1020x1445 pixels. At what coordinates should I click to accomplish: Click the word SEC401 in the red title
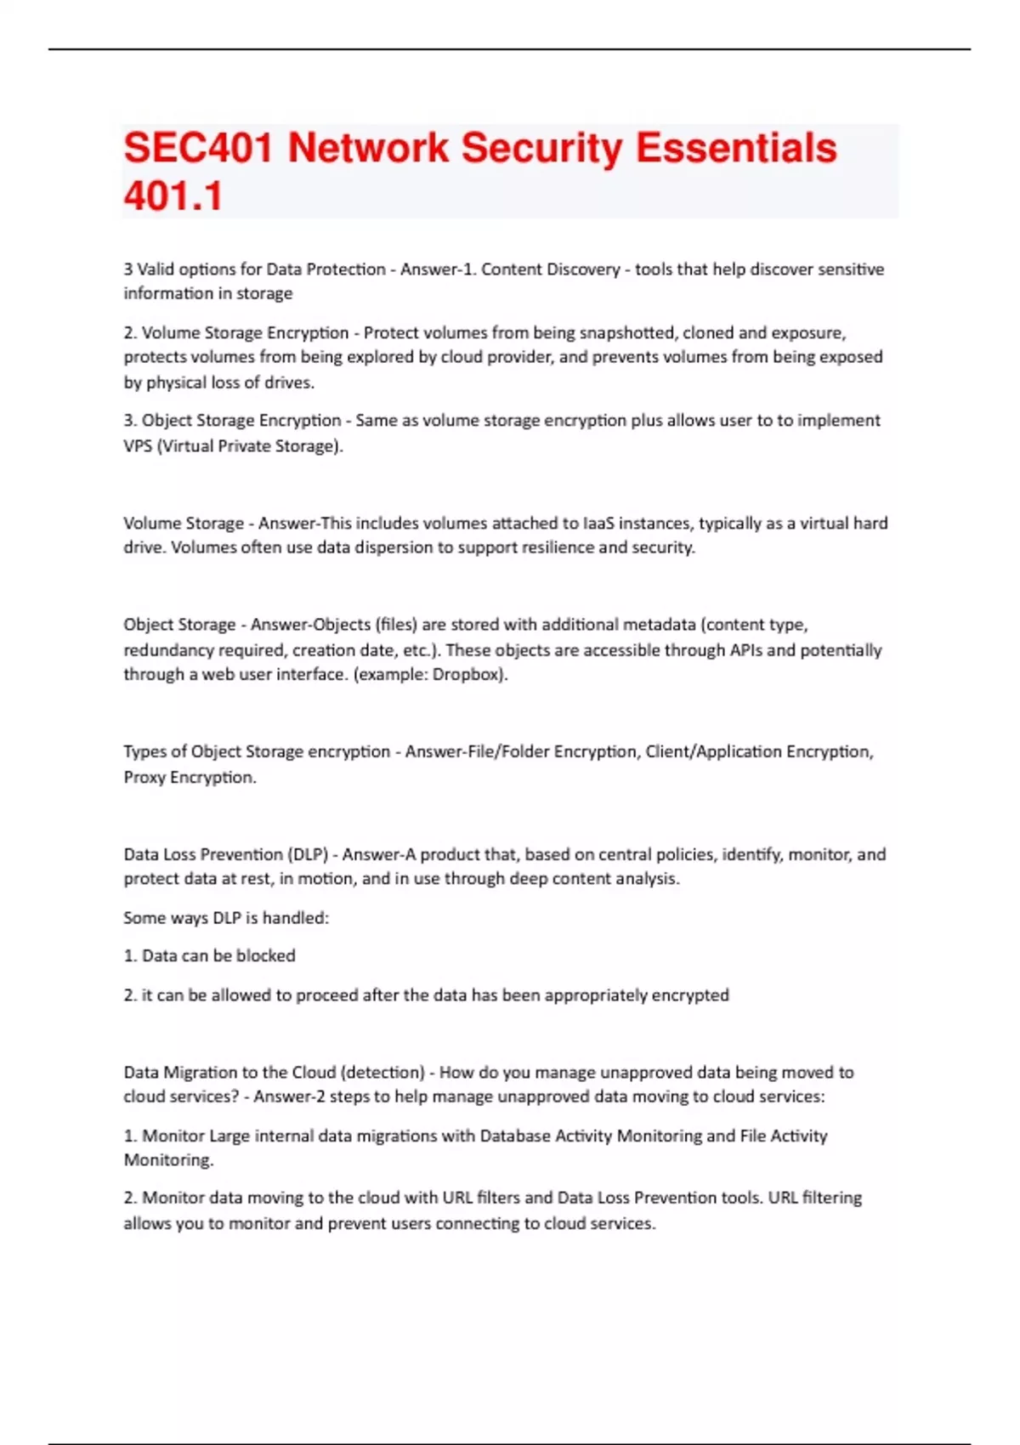(x=198, y=148)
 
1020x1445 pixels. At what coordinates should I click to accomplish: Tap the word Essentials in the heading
(x=736, y=148)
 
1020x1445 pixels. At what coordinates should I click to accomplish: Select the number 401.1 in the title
(x=173, y=195)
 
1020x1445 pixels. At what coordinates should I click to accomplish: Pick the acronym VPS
(x=138, y=445)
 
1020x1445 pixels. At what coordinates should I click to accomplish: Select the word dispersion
(x=391, y=547)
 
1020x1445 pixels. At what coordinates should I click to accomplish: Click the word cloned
(x=710, y=332)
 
